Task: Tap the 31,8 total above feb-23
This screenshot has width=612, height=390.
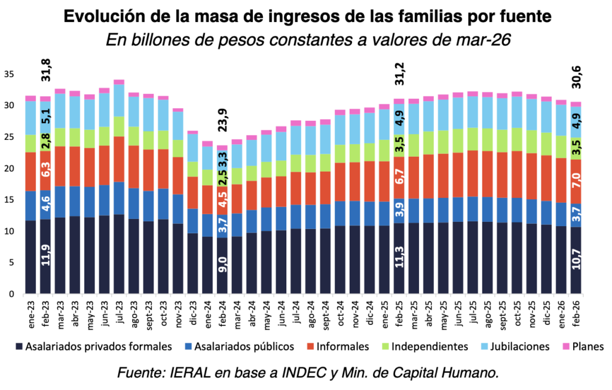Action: pyautogui.click(x=45, y=70)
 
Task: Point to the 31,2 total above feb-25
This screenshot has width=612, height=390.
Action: pyautogui.click(x=399, y=74)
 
